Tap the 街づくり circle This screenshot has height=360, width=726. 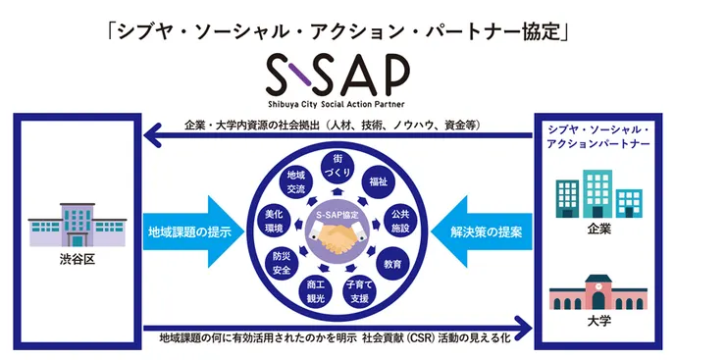tap(337, 164)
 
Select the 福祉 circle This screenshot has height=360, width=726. tap(378, 181)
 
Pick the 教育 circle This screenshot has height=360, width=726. tap(392, 264)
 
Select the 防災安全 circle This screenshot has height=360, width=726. tap(281, 261)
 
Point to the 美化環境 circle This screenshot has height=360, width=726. tap(274, 220)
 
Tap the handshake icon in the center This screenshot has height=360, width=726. tap(337, 239)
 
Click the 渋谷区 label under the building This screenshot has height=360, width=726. tap(75, 263)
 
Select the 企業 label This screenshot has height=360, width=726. tap(599, 230)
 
